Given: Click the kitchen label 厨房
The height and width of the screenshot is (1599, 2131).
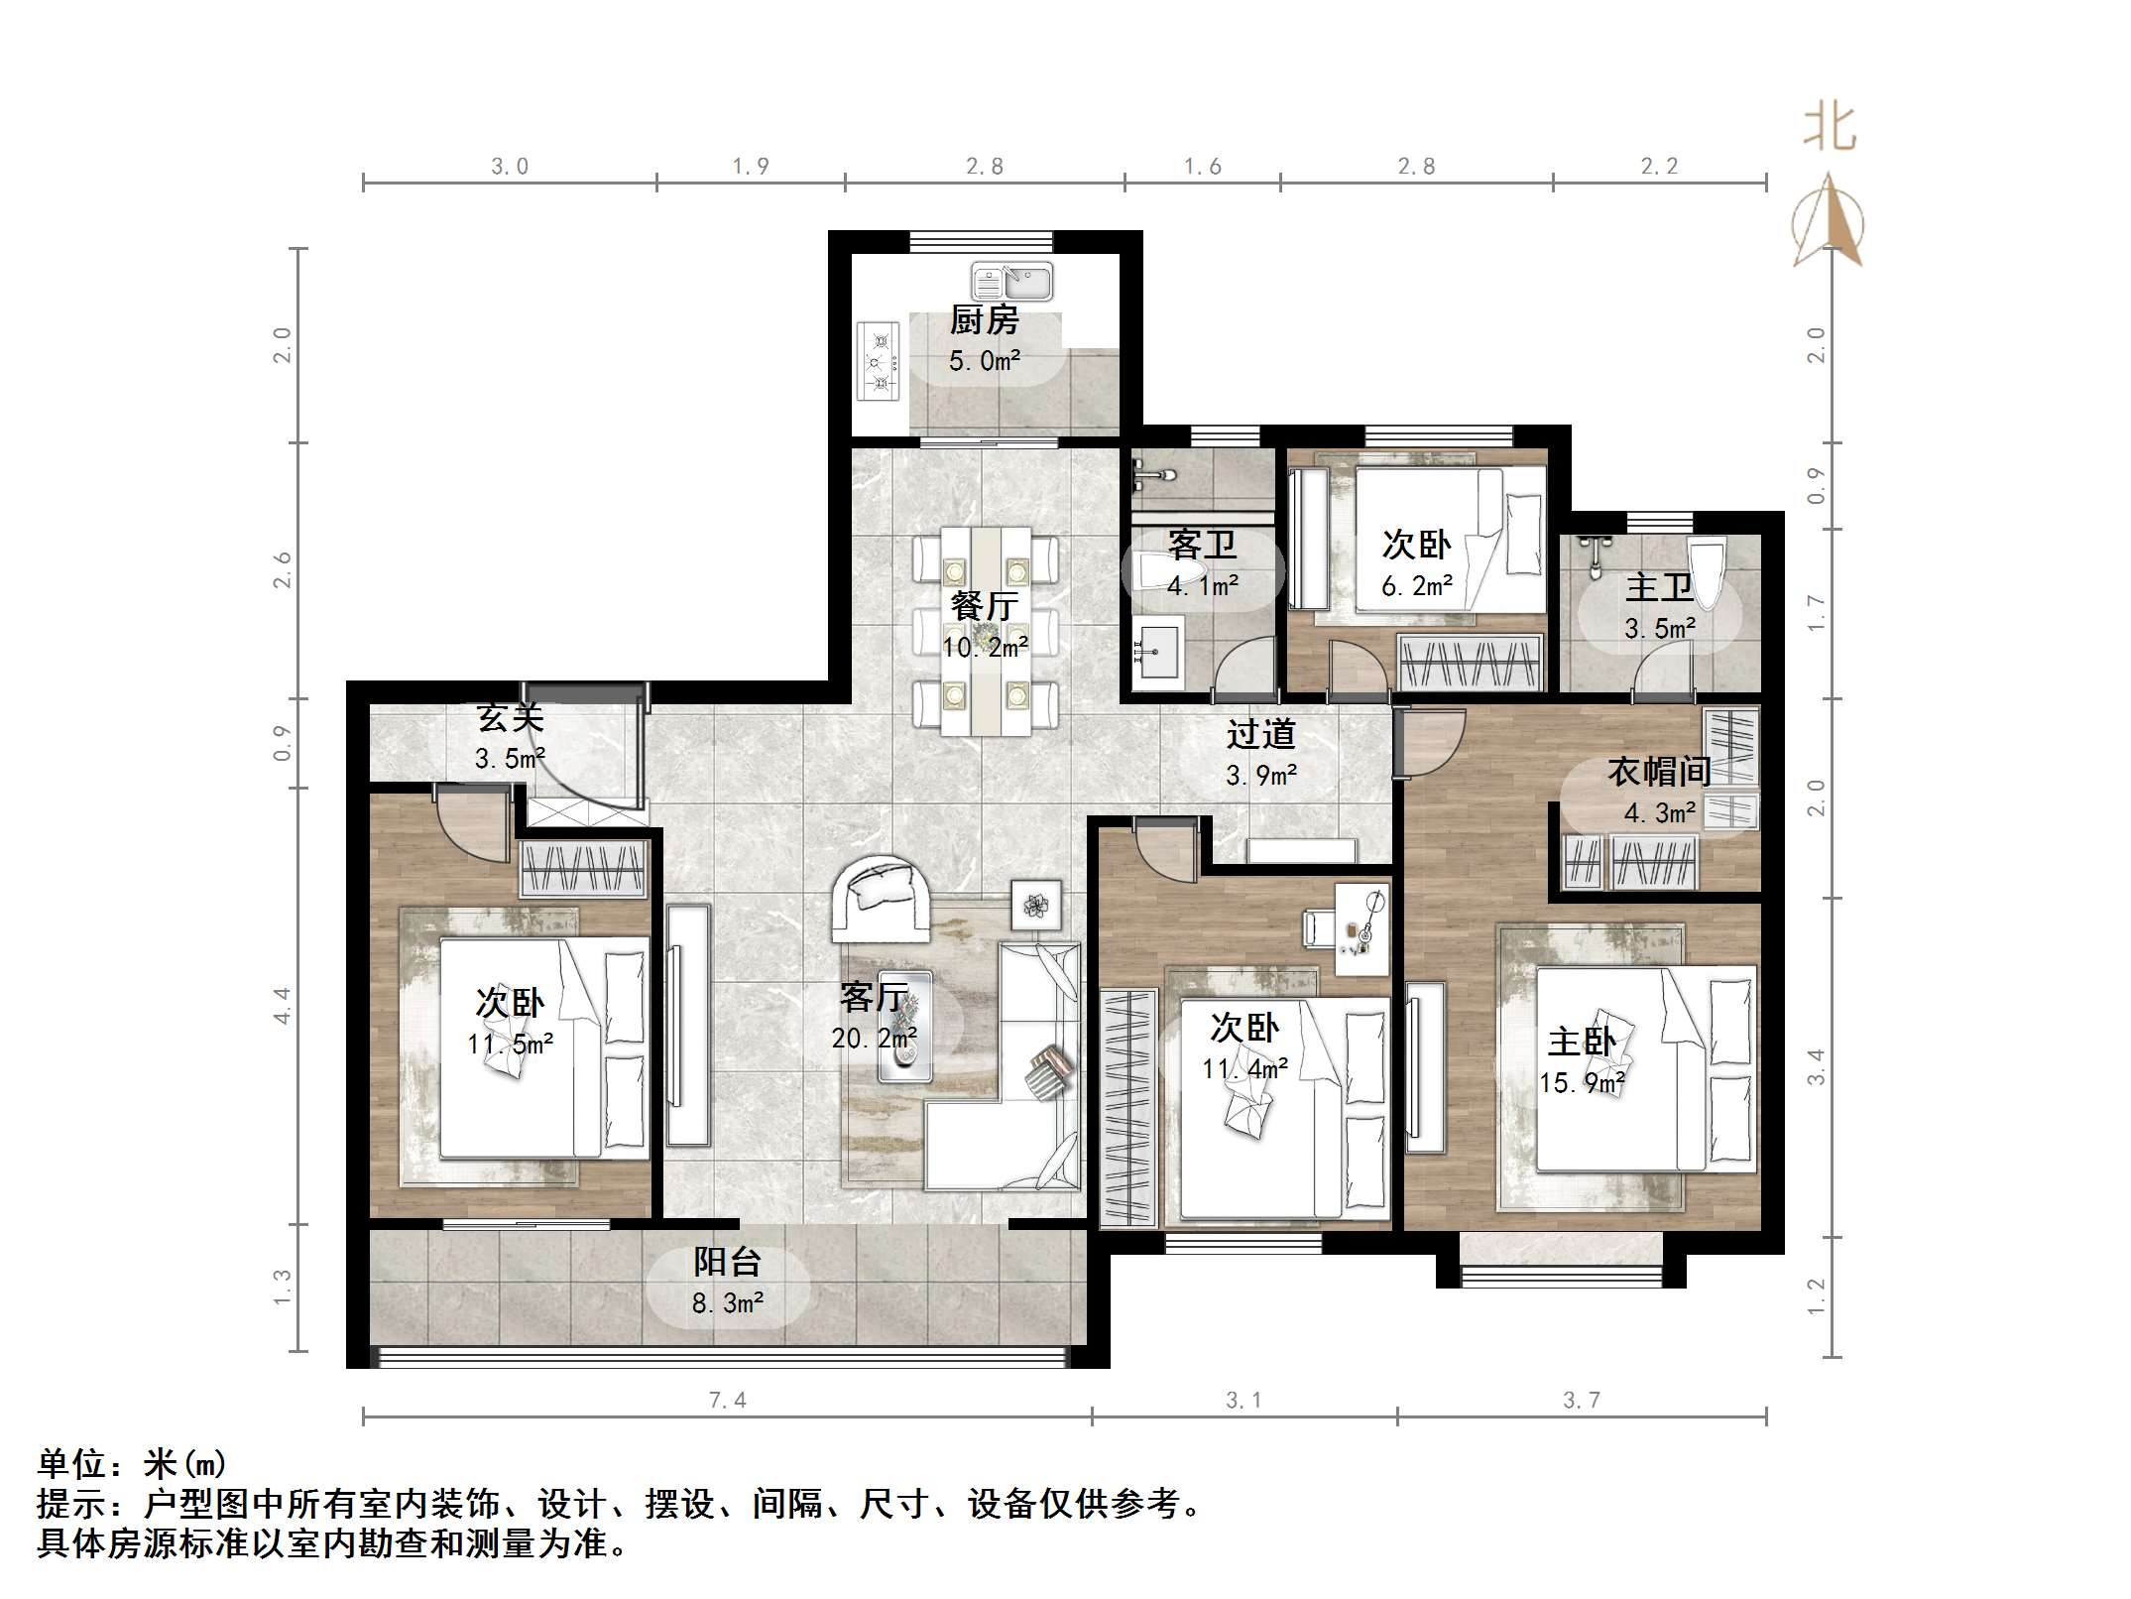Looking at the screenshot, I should coord(984,320).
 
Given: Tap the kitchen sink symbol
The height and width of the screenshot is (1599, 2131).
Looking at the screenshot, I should coord(1011,282).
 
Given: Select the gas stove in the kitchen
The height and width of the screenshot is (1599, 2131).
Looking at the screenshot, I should coord(879,361).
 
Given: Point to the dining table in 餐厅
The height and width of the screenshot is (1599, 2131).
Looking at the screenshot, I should coord(986,631).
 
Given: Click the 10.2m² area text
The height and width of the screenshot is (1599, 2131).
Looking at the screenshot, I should coord(985,648).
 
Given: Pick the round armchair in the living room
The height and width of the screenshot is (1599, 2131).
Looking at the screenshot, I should coord(881,898).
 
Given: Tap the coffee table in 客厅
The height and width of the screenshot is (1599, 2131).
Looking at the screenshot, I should coord(904,1027).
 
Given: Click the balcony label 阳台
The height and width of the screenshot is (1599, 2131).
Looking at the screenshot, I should coord(727,1262).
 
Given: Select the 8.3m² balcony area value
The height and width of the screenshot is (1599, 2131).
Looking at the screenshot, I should coord(727,1303).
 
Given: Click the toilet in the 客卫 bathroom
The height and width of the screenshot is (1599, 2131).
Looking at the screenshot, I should coord(1155,572).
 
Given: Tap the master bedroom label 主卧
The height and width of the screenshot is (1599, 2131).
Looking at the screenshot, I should coord(1582,1042).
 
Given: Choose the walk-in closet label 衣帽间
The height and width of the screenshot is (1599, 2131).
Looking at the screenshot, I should coord(1659,771).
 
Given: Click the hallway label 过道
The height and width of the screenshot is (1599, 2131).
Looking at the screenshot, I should coord(1260,734).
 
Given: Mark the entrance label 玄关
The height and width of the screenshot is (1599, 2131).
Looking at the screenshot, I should coord(510,717).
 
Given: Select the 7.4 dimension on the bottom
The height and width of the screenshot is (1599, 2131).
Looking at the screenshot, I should coord(727,1400).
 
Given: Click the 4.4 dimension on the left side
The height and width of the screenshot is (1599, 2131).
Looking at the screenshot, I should coord(283,1005).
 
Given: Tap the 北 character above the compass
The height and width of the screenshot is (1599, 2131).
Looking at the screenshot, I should coord(1830,130).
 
